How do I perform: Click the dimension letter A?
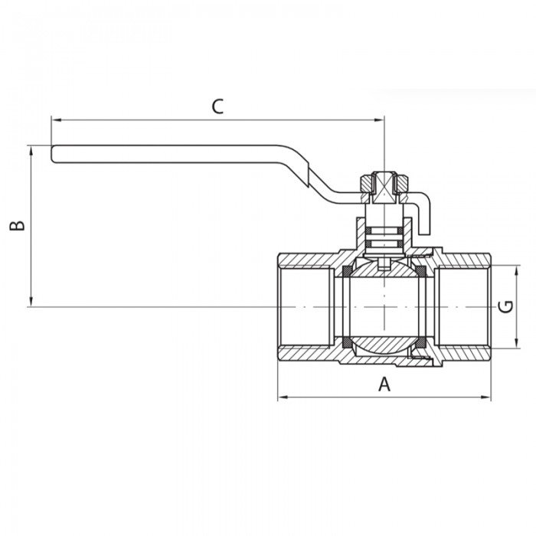384,384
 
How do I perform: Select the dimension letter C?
217,106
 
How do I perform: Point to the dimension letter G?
505,306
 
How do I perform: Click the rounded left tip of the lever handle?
54,154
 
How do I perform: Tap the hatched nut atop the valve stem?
383,184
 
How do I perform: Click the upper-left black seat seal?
347,270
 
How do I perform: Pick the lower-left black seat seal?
347,342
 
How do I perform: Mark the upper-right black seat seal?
421,270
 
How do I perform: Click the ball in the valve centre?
383,306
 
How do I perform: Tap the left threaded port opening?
305,306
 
